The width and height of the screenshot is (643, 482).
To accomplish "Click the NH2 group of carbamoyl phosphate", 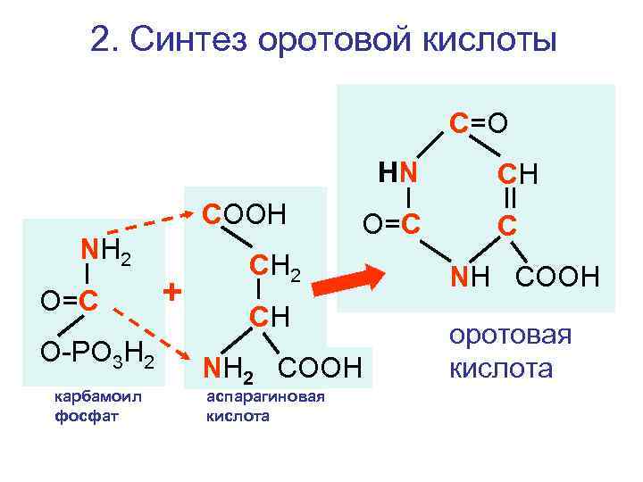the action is click(105, 252).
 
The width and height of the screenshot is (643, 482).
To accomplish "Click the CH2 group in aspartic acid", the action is click(276, 265).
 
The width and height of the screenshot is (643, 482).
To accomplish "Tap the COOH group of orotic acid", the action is click(557, 277).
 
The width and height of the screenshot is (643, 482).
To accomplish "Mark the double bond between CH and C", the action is click(507, 197).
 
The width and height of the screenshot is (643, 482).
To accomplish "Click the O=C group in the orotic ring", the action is click(392, 220).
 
